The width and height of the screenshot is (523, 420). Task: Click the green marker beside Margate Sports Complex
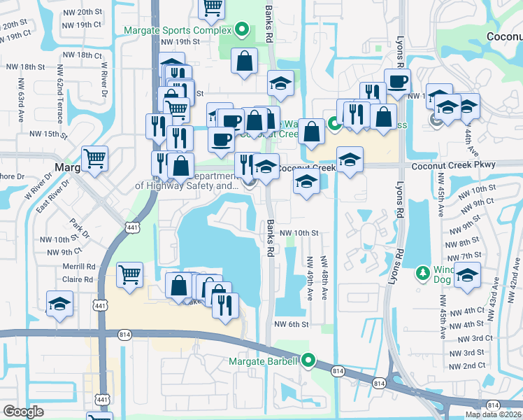(x=242, y=29)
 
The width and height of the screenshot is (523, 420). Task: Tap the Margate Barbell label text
(x=263, y=362)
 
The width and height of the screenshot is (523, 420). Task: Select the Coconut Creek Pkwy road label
(x=453, y=165)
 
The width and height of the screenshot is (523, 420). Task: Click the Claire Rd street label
(x=78, y=279)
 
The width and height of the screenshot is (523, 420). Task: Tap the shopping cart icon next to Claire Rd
(x=130, y=274)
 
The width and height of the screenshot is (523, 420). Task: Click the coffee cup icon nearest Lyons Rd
(x=397, y=80)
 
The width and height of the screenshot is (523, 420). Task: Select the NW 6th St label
(x=292, y=324)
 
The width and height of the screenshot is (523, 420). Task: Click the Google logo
(x=23, y=412)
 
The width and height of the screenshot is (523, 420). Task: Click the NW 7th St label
(x=464, y=255)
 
